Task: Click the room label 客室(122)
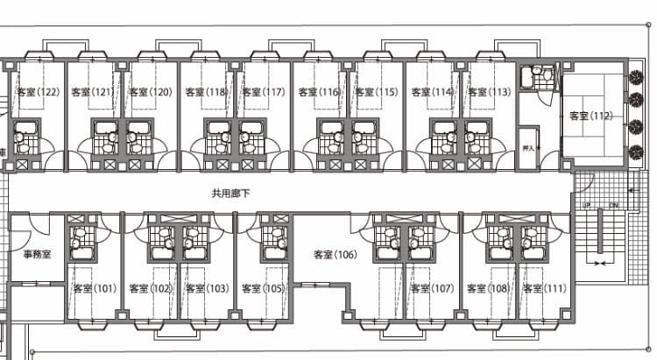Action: pos(38,92)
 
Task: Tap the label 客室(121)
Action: pos(92,92)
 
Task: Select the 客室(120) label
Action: pos(150,92)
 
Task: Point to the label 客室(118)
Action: pos(206,92)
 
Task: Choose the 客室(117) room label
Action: pos(264,92)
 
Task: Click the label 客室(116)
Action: pos(319,92)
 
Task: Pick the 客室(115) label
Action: pos(376,92)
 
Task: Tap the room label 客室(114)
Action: pos(432,92)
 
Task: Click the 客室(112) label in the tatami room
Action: pos(590,116)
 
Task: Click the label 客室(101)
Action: pos(94,288)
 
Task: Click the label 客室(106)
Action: pos(335,255)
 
